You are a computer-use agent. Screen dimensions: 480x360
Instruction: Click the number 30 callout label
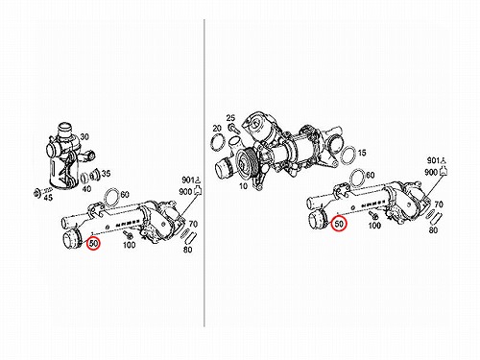84,136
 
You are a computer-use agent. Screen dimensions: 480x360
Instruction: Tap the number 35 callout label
106,174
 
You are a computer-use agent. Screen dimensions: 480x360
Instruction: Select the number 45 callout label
48,198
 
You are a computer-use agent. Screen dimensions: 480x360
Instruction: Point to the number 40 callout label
86,189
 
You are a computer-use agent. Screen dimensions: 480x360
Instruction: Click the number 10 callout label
243,186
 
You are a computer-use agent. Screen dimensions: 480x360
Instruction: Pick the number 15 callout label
362,153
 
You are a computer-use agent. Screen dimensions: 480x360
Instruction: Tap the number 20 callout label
217,129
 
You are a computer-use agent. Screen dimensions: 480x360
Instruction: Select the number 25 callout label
230,118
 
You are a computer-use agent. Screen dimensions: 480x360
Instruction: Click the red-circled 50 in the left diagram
93,244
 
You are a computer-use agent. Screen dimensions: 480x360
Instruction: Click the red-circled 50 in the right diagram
339,224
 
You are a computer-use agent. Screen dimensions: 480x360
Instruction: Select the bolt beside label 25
233,129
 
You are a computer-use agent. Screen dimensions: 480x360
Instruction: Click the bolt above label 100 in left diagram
128,234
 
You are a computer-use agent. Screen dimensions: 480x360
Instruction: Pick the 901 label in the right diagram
434,160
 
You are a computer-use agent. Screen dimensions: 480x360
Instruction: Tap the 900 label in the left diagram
185,192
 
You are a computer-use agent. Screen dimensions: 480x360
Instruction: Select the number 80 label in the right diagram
433,229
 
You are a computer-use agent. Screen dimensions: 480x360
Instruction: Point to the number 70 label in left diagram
193,224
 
